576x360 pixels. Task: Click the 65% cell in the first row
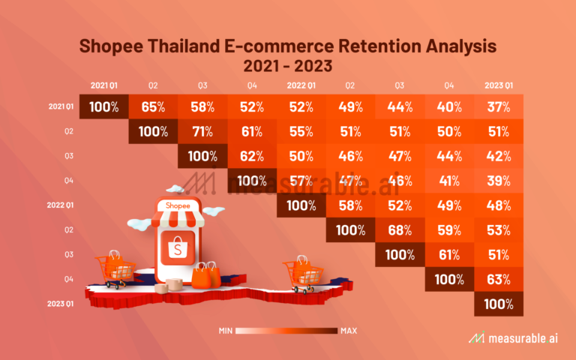coord(153,106)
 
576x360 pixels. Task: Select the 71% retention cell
coord(202,131)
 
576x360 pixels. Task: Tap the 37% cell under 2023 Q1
coord(499,106)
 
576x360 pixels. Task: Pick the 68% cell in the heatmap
coord(400,229)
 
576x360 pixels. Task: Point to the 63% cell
coord(499,279)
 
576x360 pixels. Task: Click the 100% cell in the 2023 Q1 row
coord(499,304)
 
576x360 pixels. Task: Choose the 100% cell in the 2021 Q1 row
coord(103,106)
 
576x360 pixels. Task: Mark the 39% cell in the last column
coord(499,180)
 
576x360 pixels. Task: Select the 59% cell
coord(449,229)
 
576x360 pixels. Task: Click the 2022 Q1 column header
coord(300,84)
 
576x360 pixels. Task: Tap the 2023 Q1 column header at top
coord(498,84)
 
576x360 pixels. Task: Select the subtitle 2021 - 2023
coord(288,65)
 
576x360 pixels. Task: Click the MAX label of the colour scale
coord(349,331)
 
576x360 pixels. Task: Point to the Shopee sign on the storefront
coord(178,205)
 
